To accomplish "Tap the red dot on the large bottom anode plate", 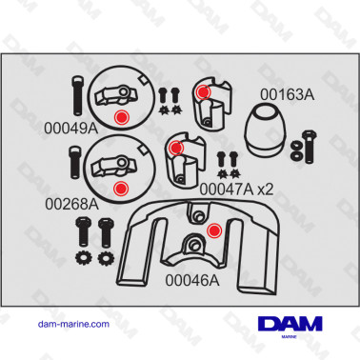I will click(213, 229).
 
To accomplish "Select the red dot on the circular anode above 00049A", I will click(120, 115).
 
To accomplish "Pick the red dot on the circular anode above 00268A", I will click(120, 187).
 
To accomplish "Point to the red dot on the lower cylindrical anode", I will click(175, 148).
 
